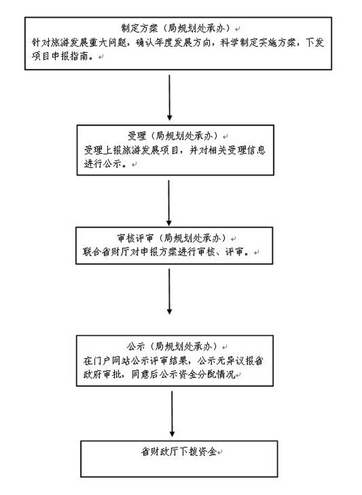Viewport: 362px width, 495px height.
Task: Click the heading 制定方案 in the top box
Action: (139, 28)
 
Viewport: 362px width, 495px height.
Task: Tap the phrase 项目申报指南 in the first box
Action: (60, 56)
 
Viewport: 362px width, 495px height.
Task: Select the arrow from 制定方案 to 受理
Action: (170, 98)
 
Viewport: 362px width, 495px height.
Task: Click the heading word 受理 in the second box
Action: (137, 136)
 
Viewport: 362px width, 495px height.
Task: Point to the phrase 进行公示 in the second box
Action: (103, 163)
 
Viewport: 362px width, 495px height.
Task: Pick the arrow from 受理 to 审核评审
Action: (169, 203)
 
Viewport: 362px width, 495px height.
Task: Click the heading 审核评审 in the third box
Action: (135, 238)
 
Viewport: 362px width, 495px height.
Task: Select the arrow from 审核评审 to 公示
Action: (170, 292)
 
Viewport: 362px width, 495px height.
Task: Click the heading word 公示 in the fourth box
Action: (135, 346)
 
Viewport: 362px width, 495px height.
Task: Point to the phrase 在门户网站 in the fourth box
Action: (107, 361)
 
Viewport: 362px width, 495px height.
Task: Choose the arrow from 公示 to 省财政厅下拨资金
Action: (172, 414)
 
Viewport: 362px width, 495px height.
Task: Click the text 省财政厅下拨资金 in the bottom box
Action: (179, 452)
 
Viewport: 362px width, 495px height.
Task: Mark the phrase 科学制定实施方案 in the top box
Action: (258, 42)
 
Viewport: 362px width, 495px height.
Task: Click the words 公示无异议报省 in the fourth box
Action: (231, 361)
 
